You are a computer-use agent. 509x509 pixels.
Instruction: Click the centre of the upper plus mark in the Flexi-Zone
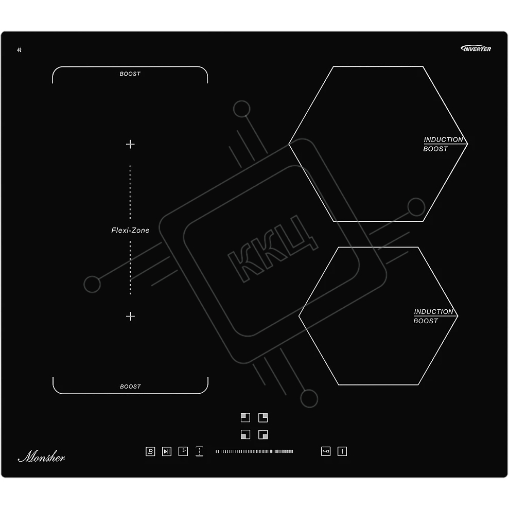tap(130, 144)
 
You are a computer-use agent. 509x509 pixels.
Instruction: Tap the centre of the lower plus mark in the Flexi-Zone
tap(130, 316)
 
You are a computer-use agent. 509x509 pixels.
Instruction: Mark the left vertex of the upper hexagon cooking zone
tap(289, 144)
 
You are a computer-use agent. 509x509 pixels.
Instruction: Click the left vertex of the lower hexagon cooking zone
tap(299, 316)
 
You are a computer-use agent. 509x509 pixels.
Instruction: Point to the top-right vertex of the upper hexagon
tap(423, 66)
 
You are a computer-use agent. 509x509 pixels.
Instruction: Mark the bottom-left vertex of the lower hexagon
tap(339, 385)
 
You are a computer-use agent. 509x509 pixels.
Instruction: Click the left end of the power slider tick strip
tap(216, 451)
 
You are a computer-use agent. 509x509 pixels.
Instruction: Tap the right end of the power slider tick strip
tap(293, 451)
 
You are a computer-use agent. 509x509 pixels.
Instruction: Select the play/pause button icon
tap(167, 451)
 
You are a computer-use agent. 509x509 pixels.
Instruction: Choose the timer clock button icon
tap(183, 451)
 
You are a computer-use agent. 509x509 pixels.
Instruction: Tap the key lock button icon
tap(326, 451)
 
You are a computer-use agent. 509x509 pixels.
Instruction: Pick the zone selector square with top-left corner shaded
tap(245, 417)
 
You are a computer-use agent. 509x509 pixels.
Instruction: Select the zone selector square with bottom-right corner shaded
tap(263, 434)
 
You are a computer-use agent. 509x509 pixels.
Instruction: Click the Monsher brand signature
tap(42, 456)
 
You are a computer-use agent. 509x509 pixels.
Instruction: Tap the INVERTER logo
tap(476, 49)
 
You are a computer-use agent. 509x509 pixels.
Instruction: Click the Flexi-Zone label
tap(130, 230)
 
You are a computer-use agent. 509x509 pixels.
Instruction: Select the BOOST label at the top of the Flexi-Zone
tap(130, 74)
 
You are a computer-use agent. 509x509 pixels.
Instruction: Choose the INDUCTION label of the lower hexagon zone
tap(433, 312)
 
